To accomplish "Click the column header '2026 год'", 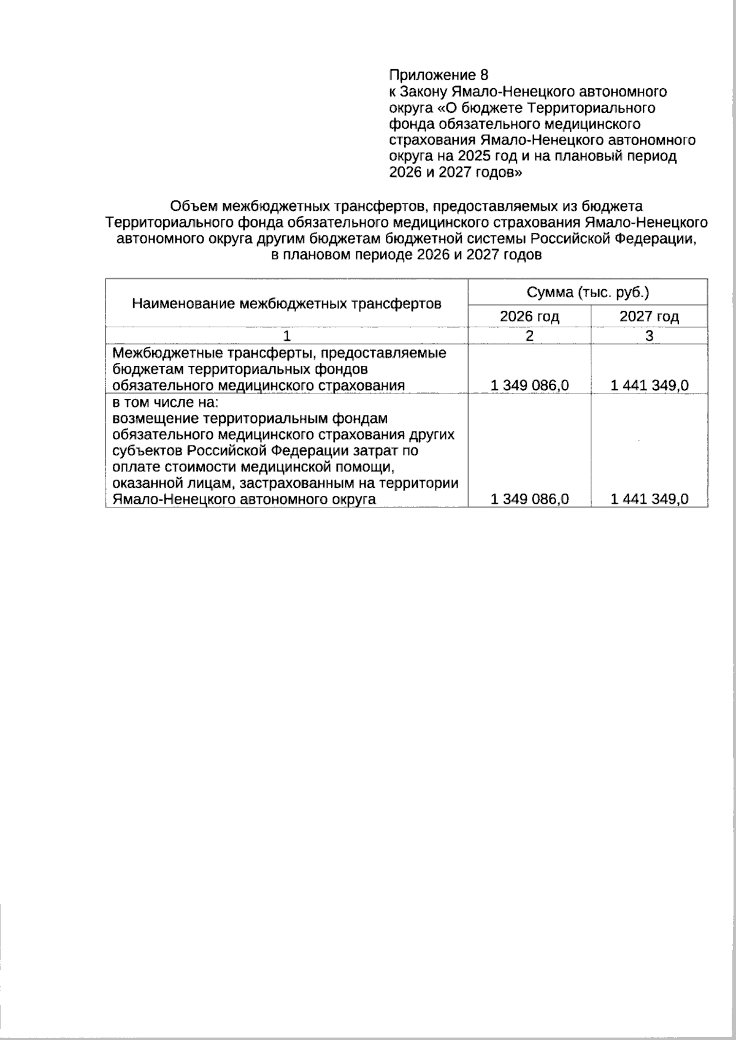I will coord(529,317).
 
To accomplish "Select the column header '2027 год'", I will coord(649,317).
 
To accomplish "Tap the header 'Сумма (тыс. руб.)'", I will coord(588,292).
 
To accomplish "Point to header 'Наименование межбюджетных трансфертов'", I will coord(286,303).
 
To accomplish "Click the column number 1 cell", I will coord(286,336).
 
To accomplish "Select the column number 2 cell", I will coord(529,336).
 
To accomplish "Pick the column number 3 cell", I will coord(649,336).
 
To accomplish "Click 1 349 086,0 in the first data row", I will coord(530,385).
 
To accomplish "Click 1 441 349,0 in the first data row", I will coord(650,385).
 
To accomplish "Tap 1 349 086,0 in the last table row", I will coord(530,499).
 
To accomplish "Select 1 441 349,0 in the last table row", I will coord(650,499).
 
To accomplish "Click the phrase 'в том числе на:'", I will coord(166,403).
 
